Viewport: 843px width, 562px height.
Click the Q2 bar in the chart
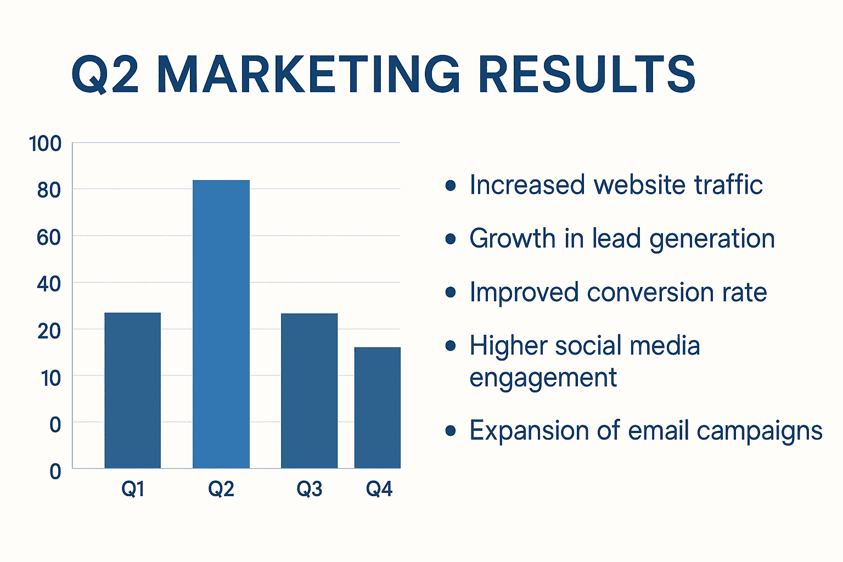pyautogui.click(x=221, y=324)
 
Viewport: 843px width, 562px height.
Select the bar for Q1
pyautogui.click(x=133, y=390)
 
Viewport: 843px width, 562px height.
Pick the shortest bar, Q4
pyautogui.click(x=378, y=407)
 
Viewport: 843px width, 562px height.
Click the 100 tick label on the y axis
pyautogui.click(x=45, y=144)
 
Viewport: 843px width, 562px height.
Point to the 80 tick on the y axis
pyautogui.click(x=49, y=190)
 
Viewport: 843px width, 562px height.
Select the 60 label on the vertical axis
pyautogui.click(x=49, y=237)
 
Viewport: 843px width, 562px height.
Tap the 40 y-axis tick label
pyautogui.click(x=49, y=284)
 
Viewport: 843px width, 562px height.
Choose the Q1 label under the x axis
pyautogui.click(x=133, y=488)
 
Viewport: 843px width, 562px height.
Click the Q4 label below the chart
pyautogui.click(x=379, y=488)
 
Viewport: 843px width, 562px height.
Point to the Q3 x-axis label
pyautogui.click(x=310, y=488)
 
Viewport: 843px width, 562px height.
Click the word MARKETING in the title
pyautogui.click(x=308, y=74)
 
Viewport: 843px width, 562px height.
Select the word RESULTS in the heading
pyautogui.click(x=587, y=74)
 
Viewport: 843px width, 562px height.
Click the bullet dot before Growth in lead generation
pyautogui.click(x=451, y=239)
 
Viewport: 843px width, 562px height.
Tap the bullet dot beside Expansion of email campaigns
pyautogui.click(x=451, y=431)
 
